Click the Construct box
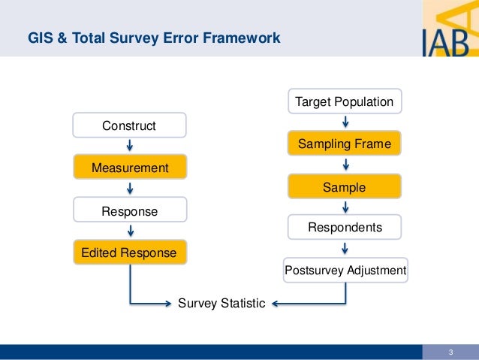[x=129, y=126]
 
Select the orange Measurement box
[x=129, y=167]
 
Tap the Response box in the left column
[x=129, y=211]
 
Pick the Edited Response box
[x=129, y=253]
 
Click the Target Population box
[x=345, y=101]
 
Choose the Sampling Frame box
[x=345, y=144]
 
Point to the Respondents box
[x=345, y=227]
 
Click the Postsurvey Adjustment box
[x=345, y=270]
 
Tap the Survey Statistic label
[x=221, y=304]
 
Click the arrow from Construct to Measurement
[x=130, y=146]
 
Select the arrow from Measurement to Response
[x=130, y=189]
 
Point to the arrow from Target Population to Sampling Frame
[x=345, y=122]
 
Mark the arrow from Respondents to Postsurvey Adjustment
[x=345, y=248]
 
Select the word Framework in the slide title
[x=244, y=38]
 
